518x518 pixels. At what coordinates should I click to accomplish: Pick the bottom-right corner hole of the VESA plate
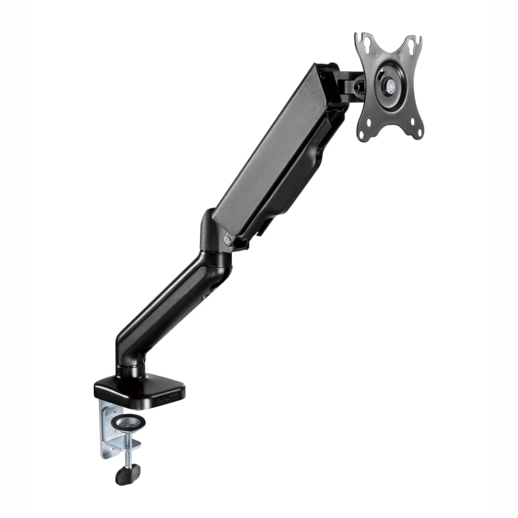[417, 132]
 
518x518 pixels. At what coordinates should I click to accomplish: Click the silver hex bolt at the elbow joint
[227, 240]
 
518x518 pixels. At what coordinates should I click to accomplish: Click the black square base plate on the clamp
[139, 388]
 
